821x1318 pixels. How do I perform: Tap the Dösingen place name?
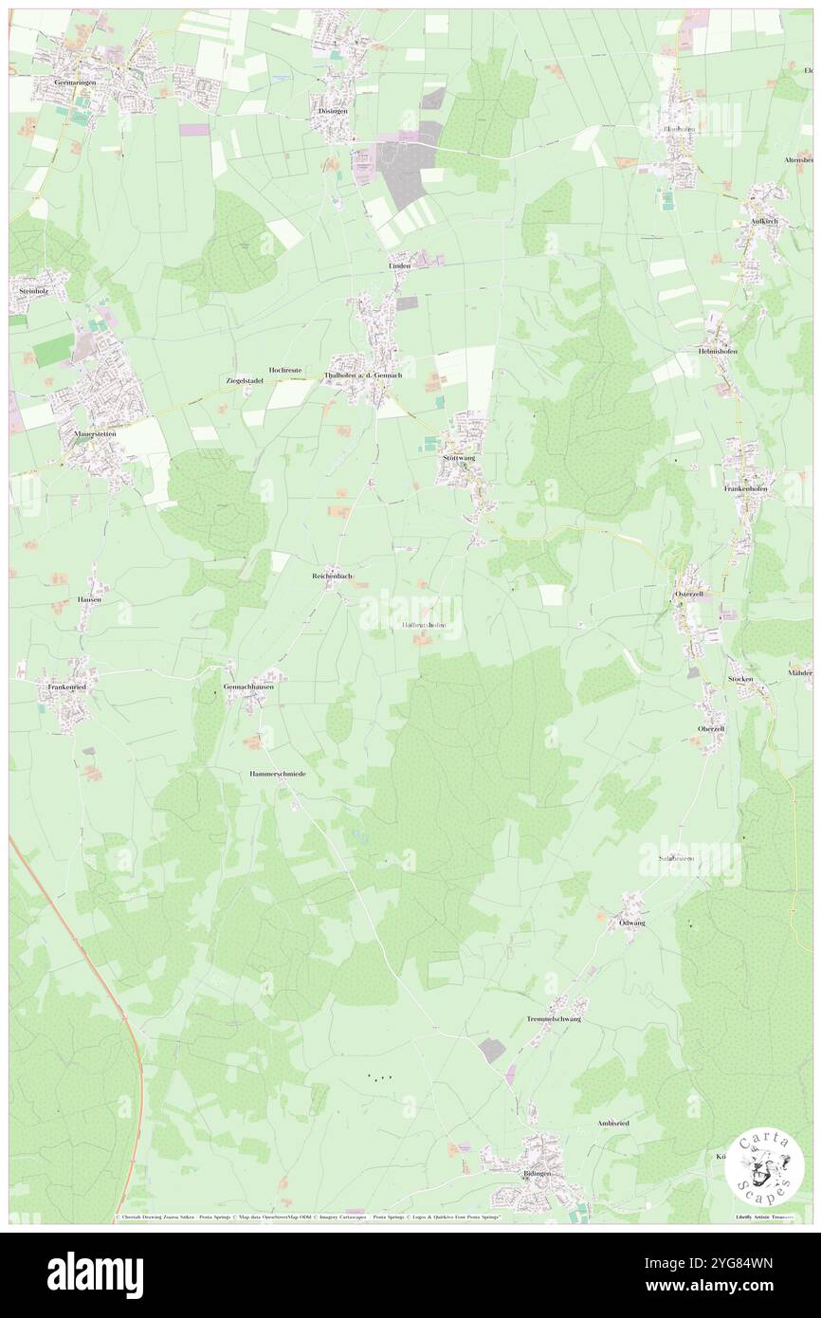coord(333,111)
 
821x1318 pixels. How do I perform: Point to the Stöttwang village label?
coord(459,458)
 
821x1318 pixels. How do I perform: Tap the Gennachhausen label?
coord(248,686)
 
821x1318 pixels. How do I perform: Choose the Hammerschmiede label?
coord(278,774)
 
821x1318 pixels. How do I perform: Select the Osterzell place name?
coord(692,594)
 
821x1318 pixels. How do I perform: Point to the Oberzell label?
coord(711,728)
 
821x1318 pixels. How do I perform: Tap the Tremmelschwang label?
coord(554,1019)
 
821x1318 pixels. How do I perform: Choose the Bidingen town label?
coord(536,1173)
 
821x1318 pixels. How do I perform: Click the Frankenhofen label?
coord(750,487)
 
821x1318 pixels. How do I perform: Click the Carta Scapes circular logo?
coord(764,1168)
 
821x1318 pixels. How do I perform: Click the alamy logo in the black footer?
coord(95,1274)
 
